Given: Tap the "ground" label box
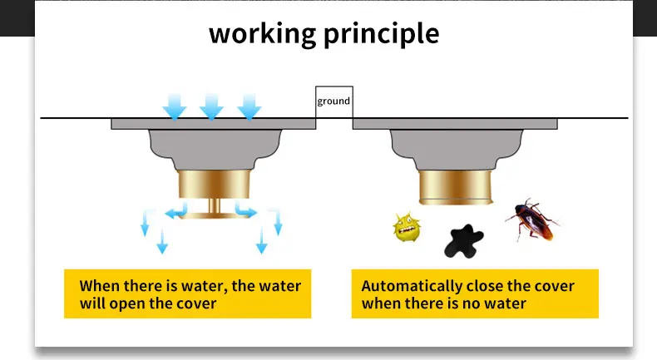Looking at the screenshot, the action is tap(333, 101).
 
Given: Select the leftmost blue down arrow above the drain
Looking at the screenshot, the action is tap(175, 106).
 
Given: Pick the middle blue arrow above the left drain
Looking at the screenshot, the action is tap(211, 106).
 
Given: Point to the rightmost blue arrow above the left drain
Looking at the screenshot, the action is tap(249, 106).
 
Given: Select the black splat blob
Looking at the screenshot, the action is tap(461, 241).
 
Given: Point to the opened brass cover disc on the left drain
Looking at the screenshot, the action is tap(212, 215).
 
